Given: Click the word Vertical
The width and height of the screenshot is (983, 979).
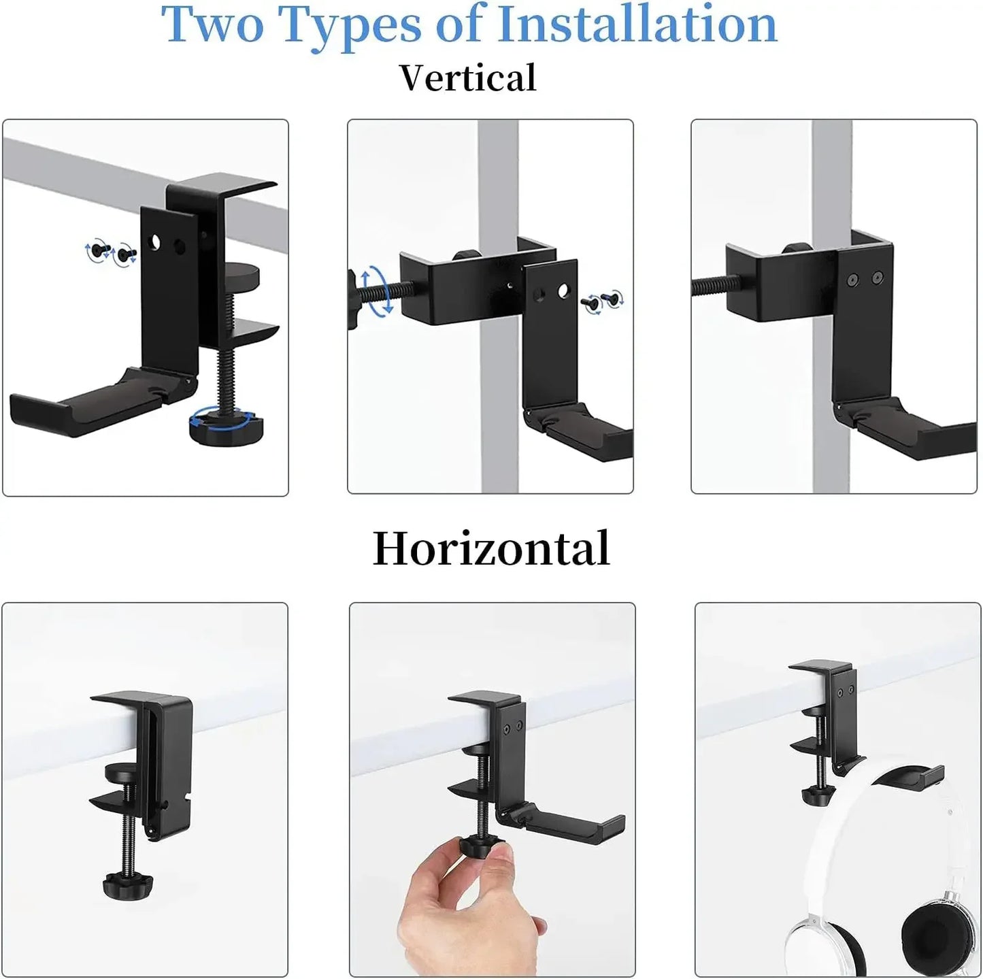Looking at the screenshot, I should click(468, 78).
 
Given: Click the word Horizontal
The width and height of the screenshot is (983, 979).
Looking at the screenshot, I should click(490, 548).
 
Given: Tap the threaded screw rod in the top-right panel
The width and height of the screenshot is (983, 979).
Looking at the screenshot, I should click(708, 286).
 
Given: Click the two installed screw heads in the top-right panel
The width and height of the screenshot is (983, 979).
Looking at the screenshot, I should click(863, 278).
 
